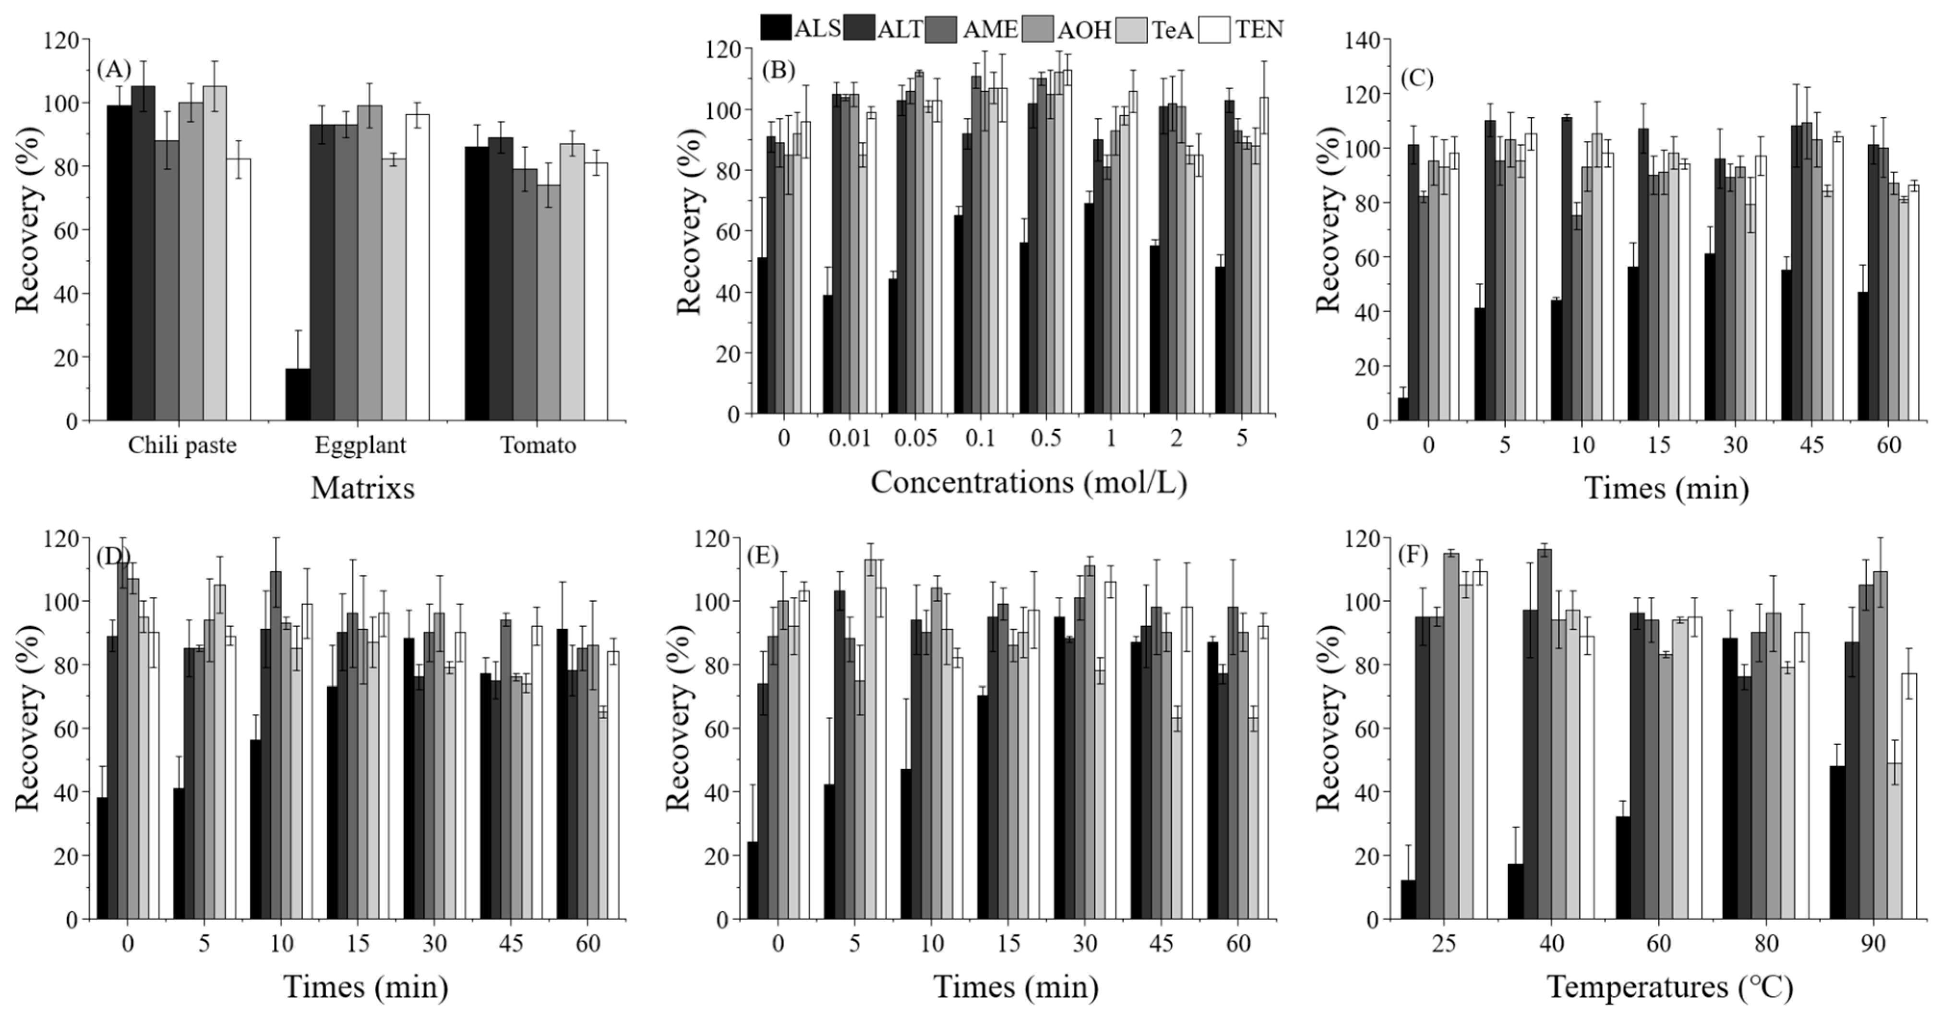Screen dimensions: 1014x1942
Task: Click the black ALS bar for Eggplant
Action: point(298,394)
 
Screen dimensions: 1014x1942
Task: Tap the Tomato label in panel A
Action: point(538,446)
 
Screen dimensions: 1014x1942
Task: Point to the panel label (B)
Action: point(779,71)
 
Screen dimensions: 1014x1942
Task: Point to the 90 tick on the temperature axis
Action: point(1873,943)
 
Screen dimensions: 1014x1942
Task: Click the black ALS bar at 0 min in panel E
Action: point(753,880)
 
